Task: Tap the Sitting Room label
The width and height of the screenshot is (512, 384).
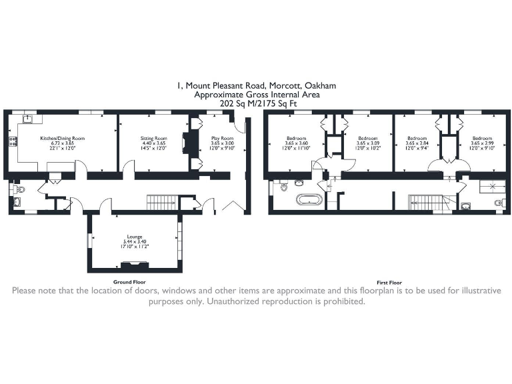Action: point(153,139)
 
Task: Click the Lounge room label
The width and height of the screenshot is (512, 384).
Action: point(135,237)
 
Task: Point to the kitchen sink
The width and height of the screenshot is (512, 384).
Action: point(27,119)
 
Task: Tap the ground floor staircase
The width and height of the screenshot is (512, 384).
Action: point(161,201)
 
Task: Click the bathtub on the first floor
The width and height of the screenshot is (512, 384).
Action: point(309,200)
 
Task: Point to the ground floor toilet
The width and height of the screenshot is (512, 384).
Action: point(18,191)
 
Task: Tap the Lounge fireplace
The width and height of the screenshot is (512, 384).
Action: point(140,265)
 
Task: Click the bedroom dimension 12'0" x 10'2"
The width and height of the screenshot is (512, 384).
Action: point(367,149)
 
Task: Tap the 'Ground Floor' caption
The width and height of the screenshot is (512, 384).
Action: point(129,282)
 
